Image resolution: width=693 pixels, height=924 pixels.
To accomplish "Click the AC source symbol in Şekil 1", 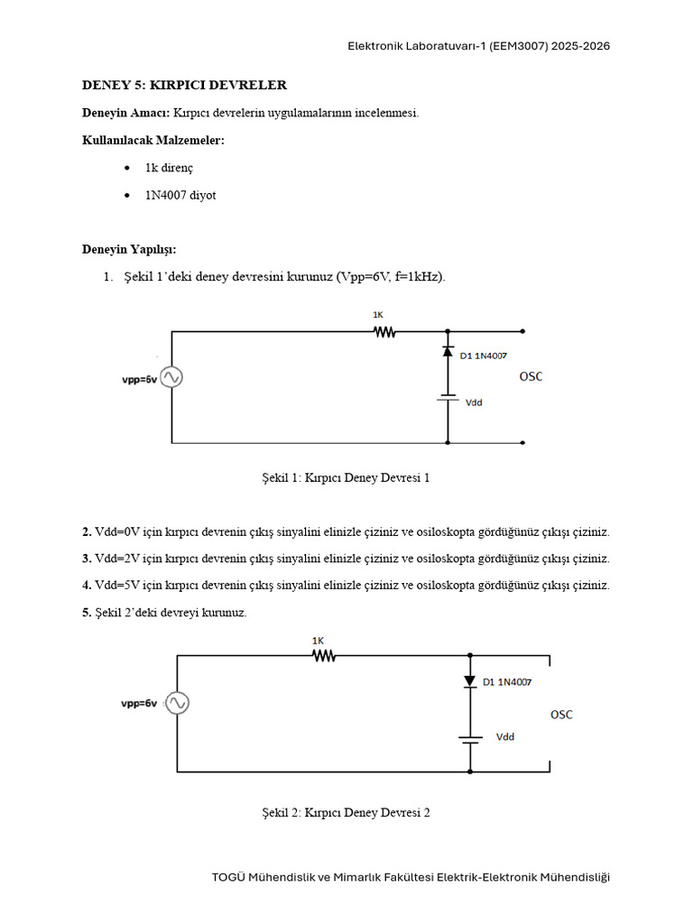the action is (x=171, y=377).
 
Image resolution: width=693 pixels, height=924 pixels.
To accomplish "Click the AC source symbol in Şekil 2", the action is (x=177, y=703).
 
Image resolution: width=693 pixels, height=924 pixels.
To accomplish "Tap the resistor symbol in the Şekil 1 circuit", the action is (x=384, y=332).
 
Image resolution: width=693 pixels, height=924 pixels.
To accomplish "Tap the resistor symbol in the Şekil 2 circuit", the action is (x=324, y=655).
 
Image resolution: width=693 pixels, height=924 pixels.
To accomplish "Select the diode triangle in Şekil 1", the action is (x=448, y=351).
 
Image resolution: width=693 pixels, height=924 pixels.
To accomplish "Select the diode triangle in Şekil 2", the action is (x=469, y=681).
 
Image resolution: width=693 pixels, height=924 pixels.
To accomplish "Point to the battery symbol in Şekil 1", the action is (x=448, y=397).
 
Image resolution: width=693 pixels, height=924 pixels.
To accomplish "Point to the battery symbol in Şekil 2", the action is (x=469, y=740).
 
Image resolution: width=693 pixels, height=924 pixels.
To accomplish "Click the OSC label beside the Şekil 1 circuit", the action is (x=531, y=376).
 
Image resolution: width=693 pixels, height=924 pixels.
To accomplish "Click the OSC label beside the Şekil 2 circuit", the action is (x=561, y=715).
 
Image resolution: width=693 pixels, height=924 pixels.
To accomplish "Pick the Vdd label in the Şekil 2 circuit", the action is (x=505, y=736).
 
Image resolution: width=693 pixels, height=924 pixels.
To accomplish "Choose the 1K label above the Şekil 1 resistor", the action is (x=378, y=315).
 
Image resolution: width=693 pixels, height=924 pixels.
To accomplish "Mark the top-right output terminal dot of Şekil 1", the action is (x=522, y=331).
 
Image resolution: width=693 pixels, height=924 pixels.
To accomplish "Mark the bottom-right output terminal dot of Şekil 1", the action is (x=522, y=442).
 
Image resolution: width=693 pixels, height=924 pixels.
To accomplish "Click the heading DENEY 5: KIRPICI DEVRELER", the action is (x=184, y=85).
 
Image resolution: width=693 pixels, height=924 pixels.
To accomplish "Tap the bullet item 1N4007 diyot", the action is (x=180, y=195).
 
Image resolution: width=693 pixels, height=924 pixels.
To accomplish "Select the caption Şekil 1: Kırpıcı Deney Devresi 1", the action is (x=346, y=478).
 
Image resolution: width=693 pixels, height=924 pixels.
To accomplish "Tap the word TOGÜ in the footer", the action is (x=228, y=877).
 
